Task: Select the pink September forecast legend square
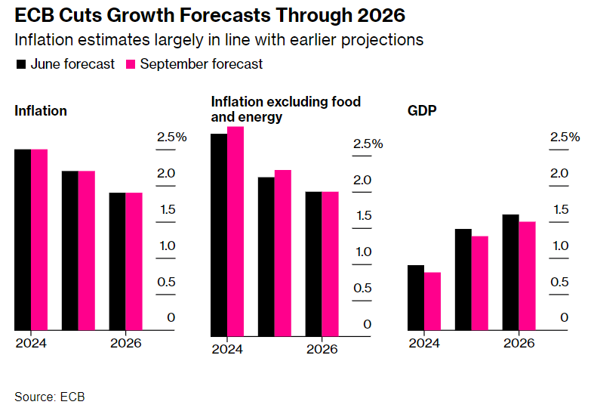point(130,64)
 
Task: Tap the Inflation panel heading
point(41,111)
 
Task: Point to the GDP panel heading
point(423,111)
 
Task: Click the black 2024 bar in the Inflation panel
point(23,239)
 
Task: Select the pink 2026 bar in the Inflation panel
point(134,261)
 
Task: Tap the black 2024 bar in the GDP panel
point(415,298)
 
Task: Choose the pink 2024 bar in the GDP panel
point(432,301)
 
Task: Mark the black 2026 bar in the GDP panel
point(510,272)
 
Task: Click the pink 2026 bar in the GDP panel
point(527,276)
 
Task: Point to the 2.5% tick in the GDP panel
point(565,137)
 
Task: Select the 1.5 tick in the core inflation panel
point(363,216)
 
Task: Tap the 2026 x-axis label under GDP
point(519,343)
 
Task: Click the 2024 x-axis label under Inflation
point(31,343)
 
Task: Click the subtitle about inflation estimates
point(219,39)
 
